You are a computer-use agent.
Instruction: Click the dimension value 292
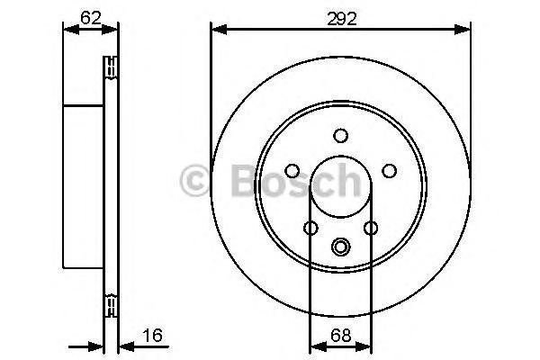[x=342, y=19]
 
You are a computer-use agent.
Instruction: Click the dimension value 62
[x=91, y=18]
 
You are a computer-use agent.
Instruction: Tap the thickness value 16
[x=152, y=335]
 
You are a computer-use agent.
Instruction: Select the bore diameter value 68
[x=340, y=335]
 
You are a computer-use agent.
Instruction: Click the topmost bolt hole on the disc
[x=340, y=136]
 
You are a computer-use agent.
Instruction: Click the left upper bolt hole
[x=292, y=171]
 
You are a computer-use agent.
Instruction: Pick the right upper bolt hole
[x=389, y=171]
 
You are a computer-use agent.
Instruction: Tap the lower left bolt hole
[x=311, y=228]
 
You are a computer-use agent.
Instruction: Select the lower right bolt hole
[x=371, y=228]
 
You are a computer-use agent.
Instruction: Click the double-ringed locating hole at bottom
[x=340, y=247]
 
